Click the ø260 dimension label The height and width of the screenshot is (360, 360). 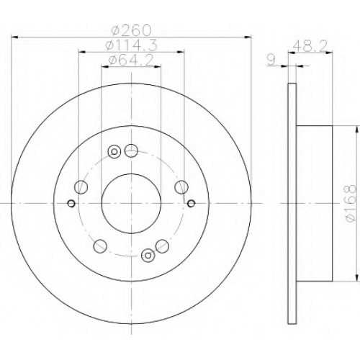pyautogui.click(x=132, y=30)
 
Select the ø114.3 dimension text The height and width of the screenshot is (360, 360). pyautogui.click(x=132, y=45)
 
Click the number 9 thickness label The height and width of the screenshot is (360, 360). pyautogui.click(x=271, y=60)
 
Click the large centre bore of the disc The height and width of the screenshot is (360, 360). pyautogui.click(x=131, y=204)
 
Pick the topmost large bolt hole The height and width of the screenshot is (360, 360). pyautogui.click(x=131, y=150)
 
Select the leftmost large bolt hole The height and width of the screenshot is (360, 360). pyautogui.click(x=81, y=187)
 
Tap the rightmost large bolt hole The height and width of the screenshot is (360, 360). pyautogui.click(x=181, y=187)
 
